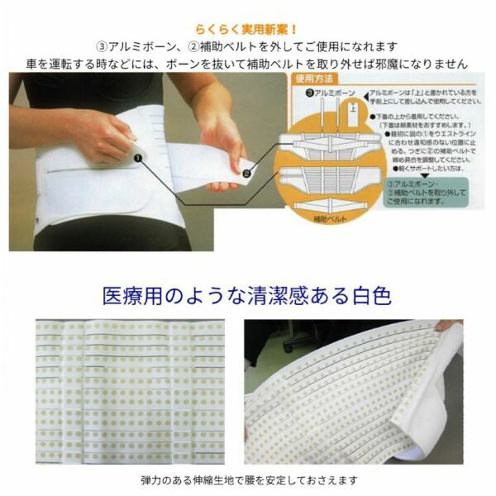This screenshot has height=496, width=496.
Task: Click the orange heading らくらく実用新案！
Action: (247, 29)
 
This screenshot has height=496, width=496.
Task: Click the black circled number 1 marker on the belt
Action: (137, 155)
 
